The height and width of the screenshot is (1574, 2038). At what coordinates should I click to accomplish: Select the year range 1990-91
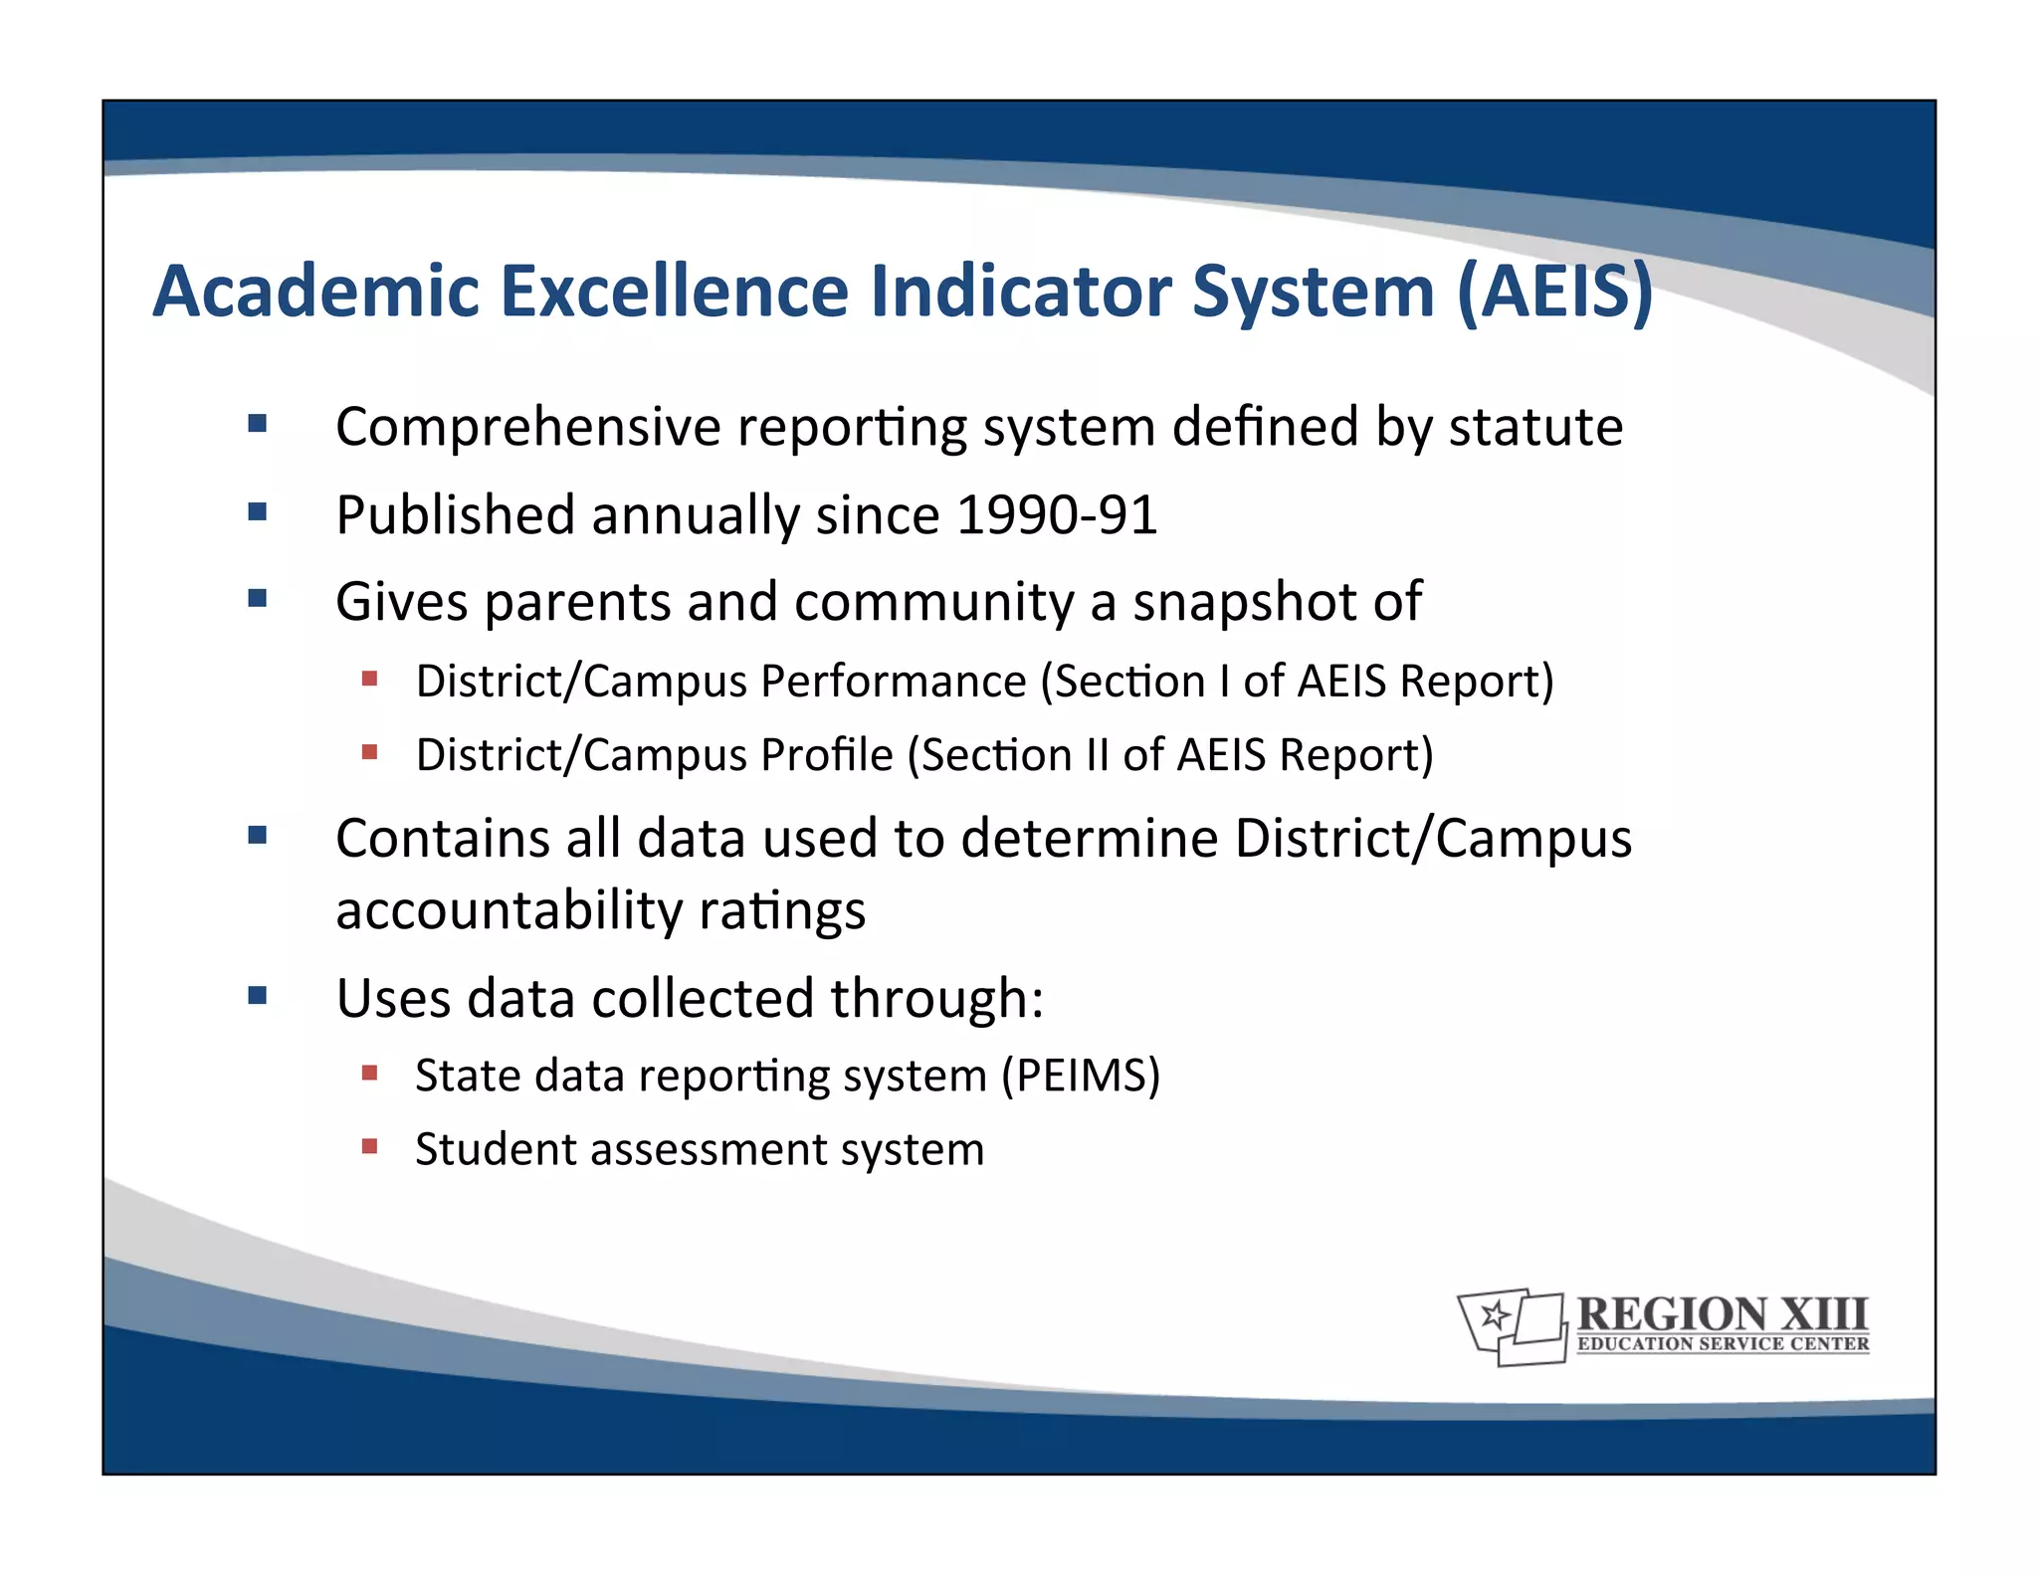coord(1057,515)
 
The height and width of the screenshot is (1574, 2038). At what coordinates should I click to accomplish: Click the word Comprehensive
coord(527,428)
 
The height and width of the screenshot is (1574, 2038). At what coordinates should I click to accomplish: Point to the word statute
coord(1535,428)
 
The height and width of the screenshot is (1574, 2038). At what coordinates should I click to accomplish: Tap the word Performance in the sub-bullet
coord(893,682)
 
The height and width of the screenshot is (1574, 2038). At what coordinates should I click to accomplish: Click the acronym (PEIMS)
coord(1081,1076)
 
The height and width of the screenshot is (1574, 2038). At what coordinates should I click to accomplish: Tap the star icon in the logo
coord(1493,1316)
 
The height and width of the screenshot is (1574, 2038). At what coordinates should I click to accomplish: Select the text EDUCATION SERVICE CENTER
coord(1723,1344)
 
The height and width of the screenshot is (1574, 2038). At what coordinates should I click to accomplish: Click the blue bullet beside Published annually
coord(258,512)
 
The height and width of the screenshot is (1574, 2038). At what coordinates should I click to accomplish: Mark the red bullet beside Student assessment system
coord(370,1146)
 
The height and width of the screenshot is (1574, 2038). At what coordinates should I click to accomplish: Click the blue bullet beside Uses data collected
coord(258,996)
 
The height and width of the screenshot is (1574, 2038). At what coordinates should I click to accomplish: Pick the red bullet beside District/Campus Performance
coord(370,680)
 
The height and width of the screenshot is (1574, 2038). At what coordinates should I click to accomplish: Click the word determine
coord(1089,839)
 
